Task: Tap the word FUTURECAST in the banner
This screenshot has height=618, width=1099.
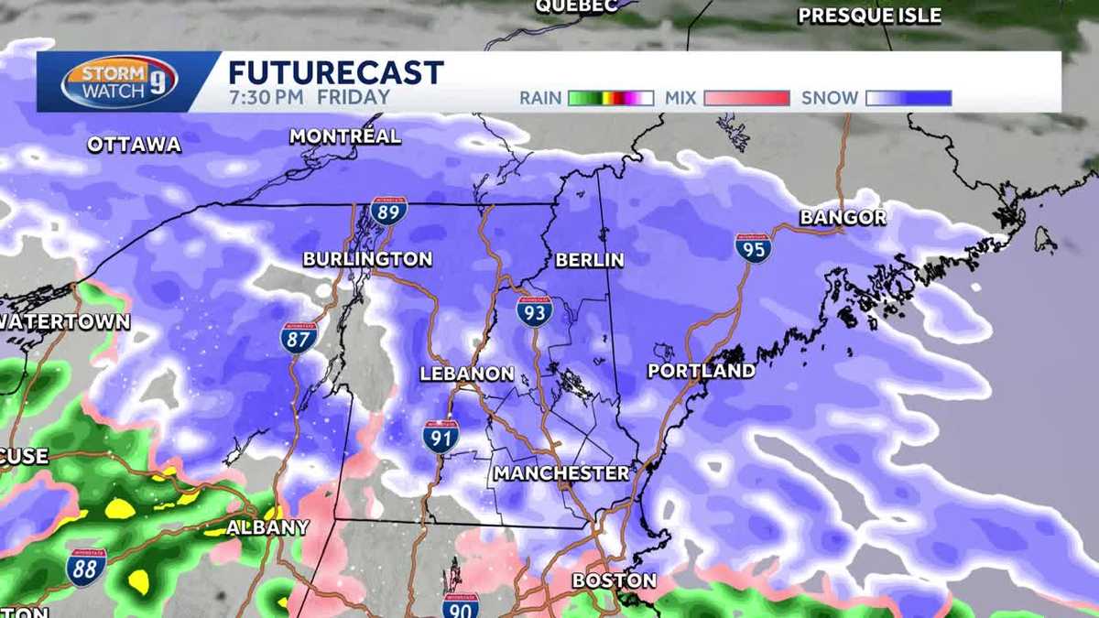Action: (x=335, y=72)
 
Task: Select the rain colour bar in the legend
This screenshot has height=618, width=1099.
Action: (x=610, y=98)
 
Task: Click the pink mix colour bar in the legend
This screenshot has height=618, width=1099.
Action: (x=746, y=98)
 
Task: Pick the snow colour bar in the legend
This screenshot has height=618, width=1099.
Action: (x=909, y=98)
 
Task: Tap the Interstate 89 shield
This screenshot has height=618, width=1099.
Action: (x=388, y=212)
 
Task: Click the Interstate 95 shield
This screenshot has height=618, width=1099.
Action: (x=753, y=247)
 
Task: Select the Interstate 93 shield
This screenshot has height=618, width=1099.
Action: (x=534, y=311)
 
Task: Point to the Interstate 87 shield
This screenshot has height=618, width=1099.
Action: (x=299, y=338)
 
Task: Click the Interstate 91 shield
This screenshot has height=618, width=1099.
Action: (x=441, y=436)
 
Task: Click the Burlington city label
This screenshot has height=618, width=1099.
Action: (x=367, y=259)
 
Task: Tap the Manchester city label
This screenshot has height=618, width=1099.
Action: (x=561, y=473)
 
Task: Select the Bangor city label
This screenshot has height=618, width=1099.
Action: (x=843, y=218)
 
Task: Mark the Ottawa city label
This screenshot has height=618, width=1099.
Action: (x=135, y=145)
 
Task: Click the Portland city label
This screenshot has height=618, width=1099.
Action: (x=701, y=371)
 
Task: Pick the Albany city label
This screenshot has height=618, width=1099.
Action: (x=267, y=527)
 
